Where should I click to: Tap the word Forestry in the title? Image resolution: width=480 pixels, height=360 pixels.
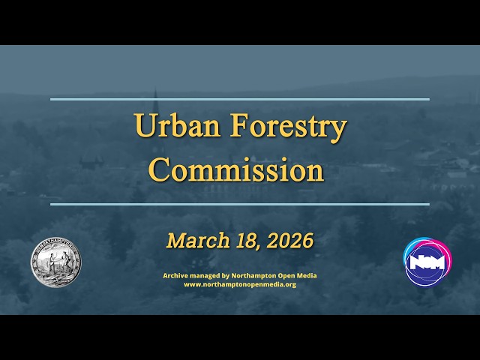click(x=288, y=127)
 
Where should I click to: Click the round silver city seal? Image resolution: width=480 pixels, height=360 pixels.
click(x=55, y=262)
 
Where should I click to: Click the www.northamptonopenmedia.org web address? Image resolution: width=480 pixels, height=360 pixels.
click(x=240, y=284)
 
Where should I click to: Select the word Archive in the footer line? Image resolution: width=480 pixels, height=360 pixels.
click(x=175, y=275)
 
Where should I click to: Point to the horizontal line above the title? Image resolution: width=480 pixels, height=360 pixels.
click(x=240, y=99)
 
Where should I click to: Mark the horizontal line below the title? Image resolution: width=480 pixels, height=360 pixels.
click(x=240, y=203)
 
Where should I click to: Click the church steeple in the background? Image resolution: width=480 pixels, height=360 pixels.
click(x=156, y=101)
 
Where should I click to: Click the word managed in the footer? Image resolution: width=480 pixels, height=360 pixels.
click(x=205, y=275)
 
